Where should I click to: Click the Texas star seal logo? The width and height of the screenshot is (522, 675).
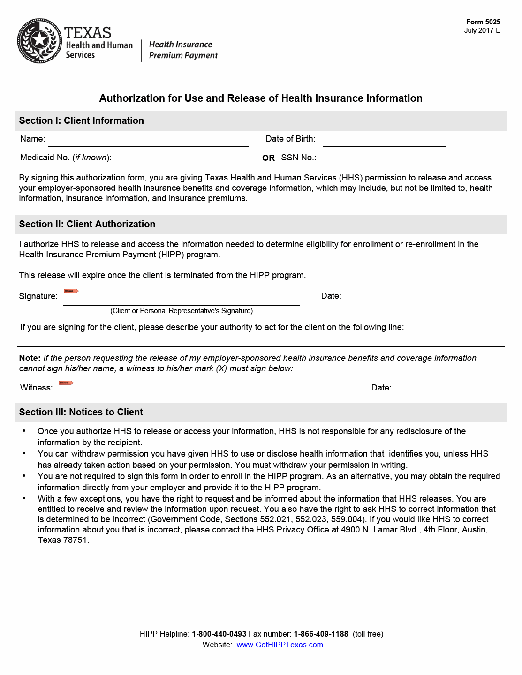(x=39, y=41)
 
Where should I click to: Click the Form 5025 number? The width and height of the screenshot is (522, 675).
(x=483, y=22)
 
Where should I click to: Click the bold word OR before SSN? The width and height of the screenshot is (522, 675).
(x=269, y=158)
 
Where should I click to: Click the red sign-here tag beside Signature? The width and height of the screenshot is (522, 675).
(x=71, y=291)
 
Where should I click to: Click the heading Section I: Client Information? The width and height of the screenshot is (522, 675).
(x=82, y=120)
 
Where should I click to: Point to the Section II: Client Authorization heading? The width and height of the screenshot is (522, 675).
(x=87, y=224)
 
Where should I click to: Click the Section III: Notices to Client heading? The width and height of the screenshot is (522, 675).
(x=81, y=412)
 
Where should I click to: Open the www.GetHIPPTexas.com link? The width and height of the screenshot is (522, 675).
(x=280, y=645)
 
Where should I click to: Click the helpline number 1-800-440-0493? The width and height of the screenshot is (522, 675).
(x=219, y=634)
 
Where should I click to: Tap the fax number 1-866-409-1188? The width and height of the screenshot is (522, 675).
(x=321, y=634)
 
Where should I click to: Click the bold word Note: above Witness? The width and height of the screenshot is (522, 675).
(x=30, y=358)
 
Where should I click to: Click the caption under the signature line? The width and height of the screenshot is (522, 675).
(x=182, y=311)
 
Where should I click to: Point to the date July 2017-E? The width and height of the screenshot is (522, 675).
(x=482, y=30)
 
